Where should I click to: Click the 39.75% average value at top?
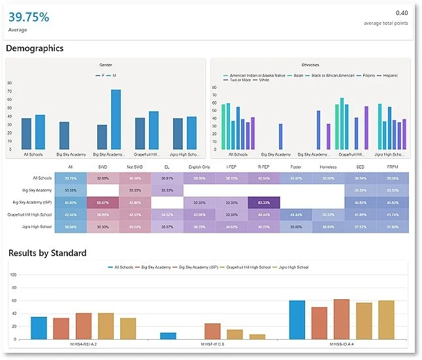point(29,18)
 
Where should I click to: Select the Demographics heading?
point(35,48)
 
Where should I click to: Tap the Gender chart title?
point(105,65)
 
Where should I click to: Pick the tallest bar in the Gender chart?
point(116,119)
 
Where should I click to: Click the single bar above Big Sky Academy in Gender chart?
point(64,135)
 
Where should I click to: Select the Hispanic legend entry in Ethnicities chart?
point(391,75)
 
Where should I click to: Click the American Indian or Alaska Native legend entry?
point(251,75)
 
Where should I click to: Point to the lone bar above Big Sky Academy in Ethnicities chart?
point(280,137)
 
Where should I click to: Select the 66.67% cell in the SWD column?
point(103,202)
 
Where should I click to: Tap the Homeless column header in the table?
point(328,167)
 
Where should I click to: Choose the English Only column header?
point(200,167)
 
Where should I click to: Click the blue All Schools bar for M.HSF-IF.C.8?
point(168,335)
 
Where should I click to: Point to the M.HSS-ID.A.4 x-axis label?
point(342,344)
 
